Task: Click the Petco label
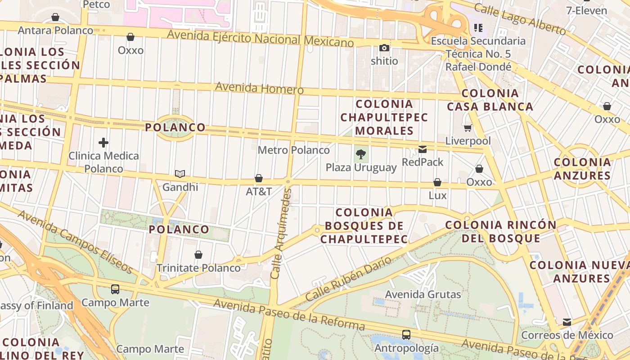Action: coord(97,4)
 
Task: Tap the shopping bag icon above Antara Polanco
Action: coord(55,18)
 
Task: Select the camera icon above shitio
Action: coord(384,48)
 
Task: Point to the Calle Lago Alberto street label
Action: coord(520,19)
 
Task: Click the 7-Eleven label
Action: coord(587,10)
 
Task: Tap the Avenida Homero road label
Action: coord(259,88)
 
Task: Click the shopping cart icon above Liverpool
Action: coord(468,128)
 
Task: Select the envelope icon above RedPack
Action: coord(423,149)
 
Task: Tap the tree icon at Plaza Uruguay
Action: coord(360,154)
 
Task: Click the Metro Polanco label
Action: coord(293,150)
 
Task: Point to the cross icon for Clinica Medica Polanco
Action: coord(103,143)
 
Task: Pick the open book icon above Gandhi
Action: coord(180,174)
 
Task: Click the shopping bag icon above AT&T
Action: coord(259,179)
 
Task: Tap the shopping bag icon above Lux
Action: coord(437,183)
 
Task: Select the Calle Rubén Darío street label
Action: coord(348,279)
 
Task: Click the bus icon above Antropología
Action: coord(406,335)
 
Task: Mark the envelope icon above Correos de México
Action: coord(567,322)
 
